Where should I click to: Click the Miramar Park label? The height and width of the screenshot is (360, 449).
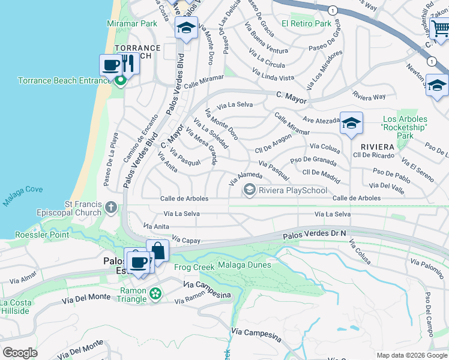tap(132, 23)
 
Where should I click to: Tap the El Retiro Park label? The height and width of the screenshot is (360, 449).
tap(307, 23)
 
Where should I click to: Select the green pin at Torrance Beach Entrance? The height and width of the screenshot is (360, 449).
tap(121, 80)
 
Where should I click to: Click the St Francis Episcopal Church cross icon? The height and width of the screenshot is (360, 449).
tap(110, 208)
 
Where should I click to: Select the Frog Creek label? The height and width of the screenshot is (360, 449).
tap(189, 267)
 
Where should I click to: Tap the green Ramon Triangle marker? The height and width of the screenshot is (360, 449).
tap(156, 293)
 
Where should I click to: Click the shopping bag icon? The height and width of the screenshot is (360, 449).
tap(157, 250)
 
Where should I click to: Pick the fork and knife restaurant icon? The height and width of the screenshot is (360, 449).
tap(128, 64)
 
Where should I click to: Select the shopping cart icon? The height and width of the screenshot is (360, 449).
tap(439, 28)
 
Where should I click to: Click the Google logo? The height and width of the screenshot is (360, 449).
tap(20, 352)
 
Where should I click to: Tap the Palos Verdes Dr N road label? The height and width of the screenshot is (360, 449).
tap(315, 236)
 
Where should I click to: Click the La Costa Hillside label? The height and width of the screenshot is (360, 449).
tap(15, 307)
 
